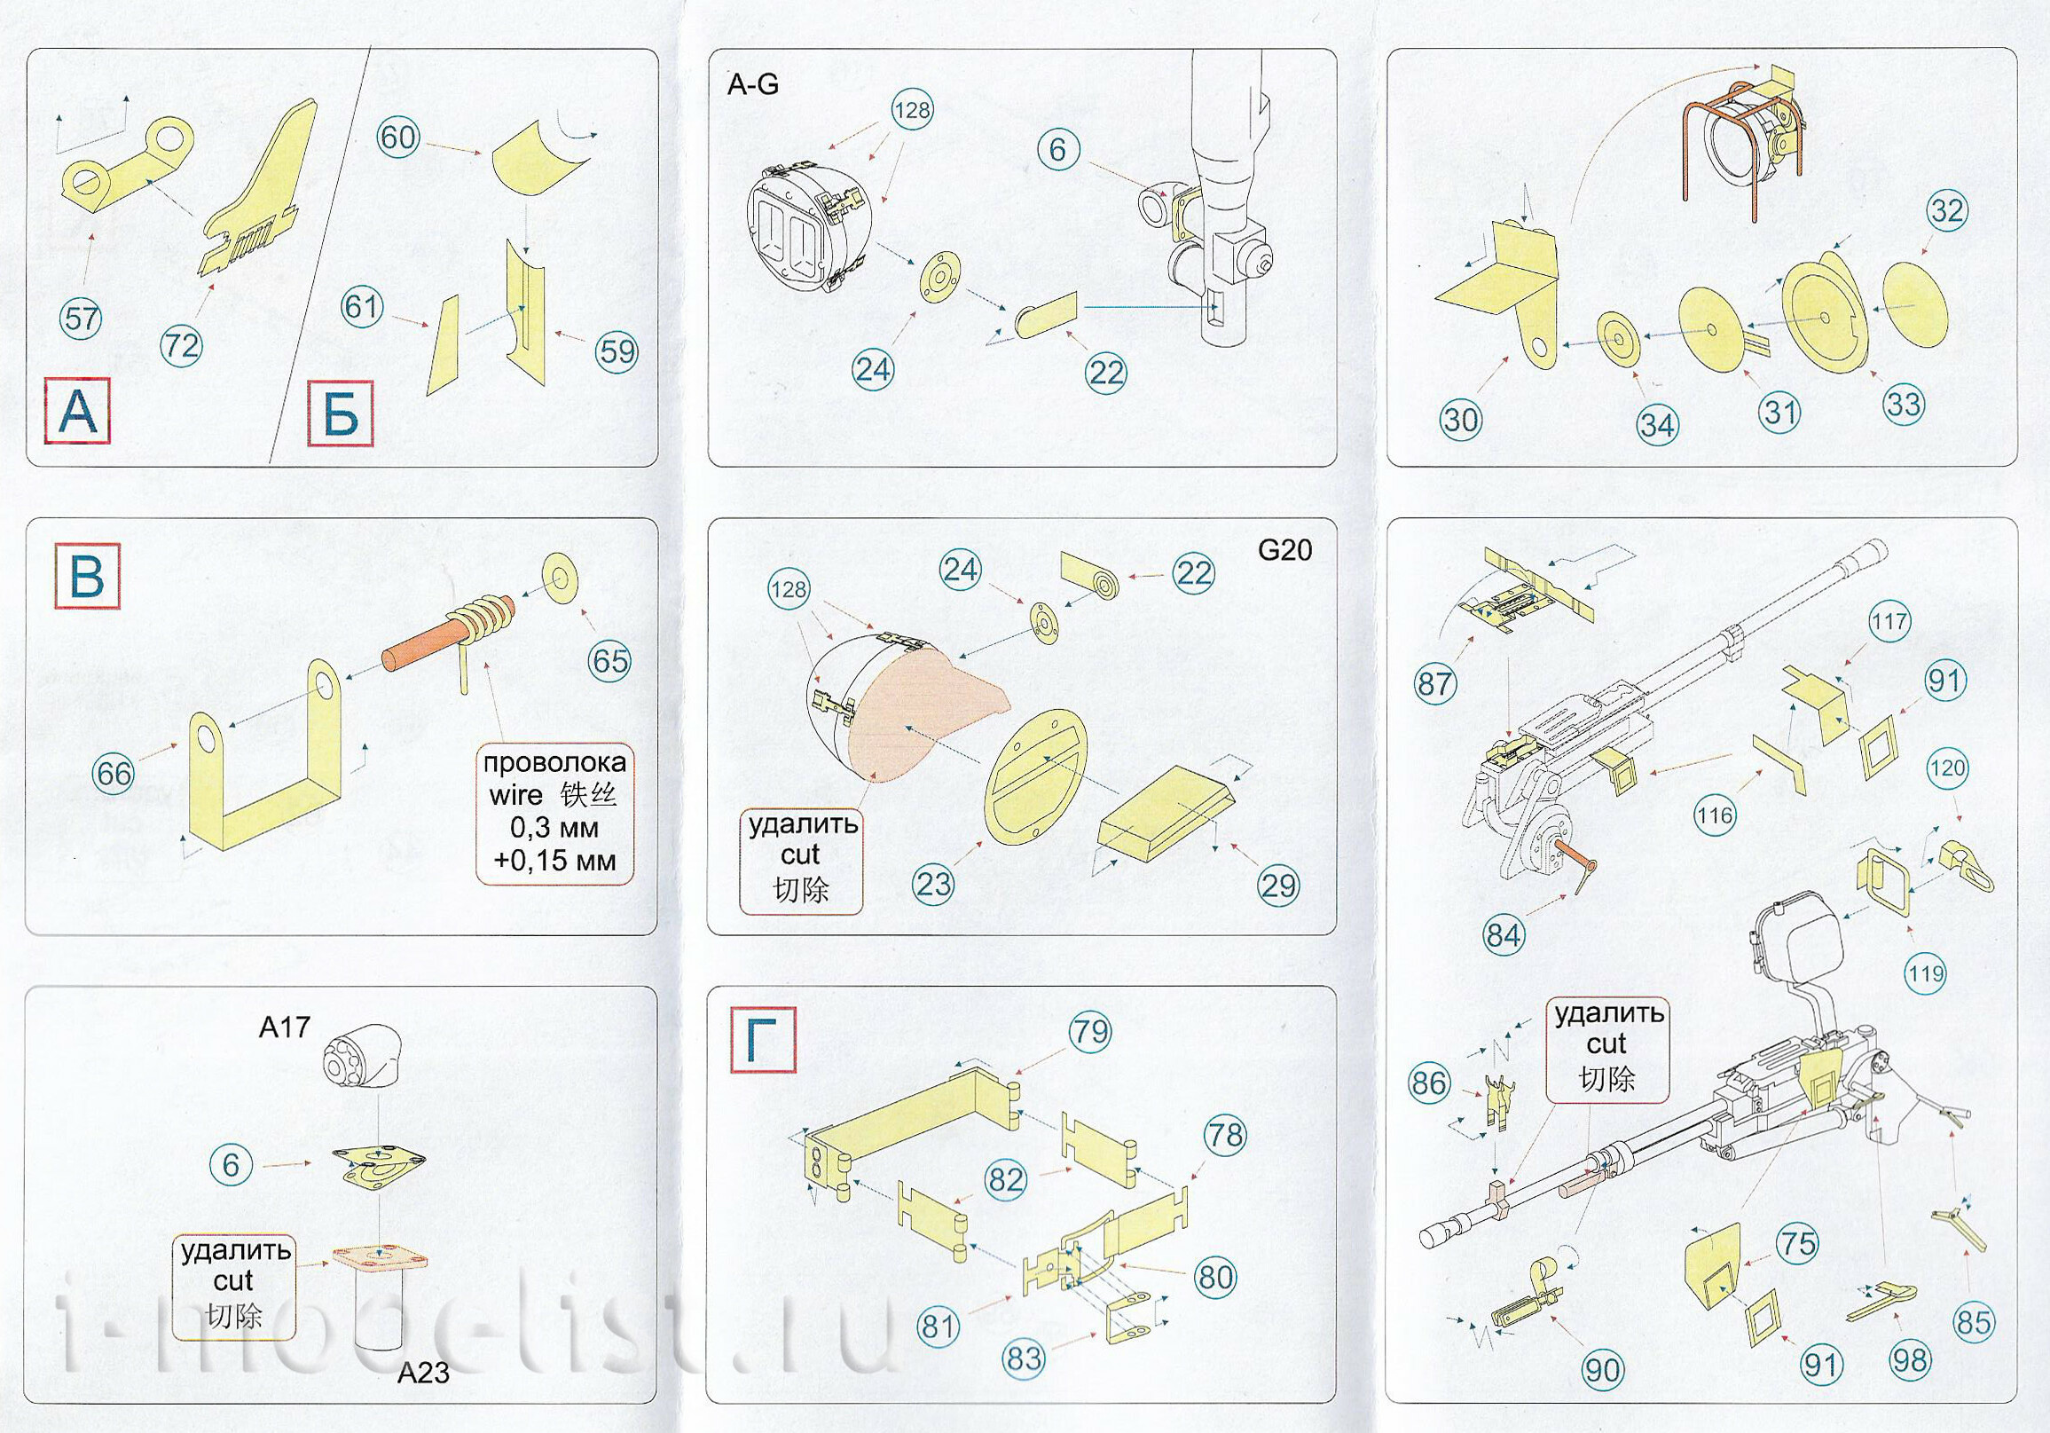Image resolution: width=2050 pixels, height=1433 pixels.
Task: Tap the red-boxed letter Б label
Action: click(340, 414)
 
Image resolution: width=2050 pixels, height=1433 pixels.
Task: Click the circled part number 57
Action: click(81, 319)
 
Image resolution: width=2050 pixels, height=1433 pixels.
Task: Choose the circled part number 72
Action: click(180, 344)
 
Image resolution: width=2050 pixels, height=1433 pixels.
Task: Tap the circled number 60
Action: click(398, 138)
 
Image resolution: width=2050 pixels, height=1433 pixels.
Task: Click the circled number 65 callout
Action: click(610, 660)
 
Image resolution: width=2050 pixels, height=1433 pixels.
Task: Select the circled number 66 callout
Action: click(115, 773)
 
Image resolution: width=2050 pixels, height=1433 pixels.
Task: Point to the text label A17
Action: click(284, 1028)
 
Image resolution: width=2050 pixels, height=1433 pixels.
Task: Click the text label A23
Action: click(423, 1372)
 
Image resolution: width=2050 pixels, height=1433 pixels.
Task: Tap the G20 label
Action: click(1284, 550)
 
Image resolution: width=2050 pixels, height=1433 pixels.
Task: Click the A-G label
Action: click(754, 85)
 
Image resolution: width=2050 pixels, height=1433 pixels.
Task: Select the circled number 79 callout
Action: click(1090, 1032)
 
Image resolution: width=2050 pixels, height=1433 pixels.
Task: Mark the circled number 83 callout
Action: click(1024, 1358)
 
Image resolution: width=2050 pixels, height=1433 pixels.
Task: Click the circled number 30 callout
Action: click(1460, 419)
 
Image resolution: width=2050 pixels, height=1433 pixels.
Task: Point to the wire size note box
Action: click(554, 814)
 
